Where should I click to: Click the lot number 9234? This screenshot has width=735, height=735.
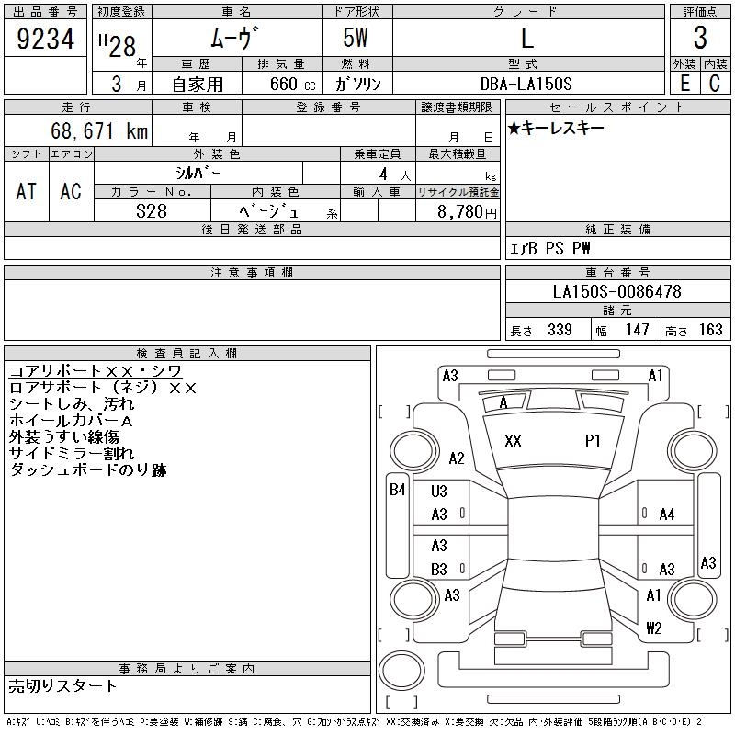coord(45,40)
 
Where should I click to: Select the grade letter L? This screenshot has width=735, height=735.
coord(526,40)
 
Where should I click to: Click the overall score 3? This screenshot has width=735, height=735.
coord(700,40)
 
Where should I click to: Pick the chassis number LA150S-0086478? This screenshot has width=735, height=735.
coord(617,292)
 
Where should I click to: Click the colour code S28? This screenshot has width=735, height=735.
coord(152,211)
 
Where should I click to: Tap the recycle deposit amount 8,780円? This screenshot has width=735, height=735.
coord(469,211)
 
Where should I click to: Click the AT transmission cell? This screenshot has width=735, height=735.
coord(27,191)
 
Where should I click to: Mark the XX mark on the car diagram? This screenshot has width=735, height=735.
coord(514,441)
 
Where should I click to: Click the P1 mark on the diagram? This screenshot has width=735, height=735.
coord(593,441)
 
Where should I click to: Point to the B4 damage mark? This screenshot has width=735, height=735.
coord(398,490)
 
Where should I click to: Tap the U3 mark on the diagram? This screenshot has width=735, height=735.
coord(439,492)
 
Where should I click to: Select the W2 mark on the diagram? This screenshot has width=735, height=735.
coord(653,628)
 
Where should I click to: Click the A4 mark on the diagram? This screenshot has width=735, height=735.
coord(667,514)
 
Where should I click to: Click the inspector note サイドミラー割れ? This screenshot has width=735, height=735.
coord(72,453)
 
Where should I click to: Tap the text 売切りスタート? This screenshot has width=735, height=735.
coord(63,685)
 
